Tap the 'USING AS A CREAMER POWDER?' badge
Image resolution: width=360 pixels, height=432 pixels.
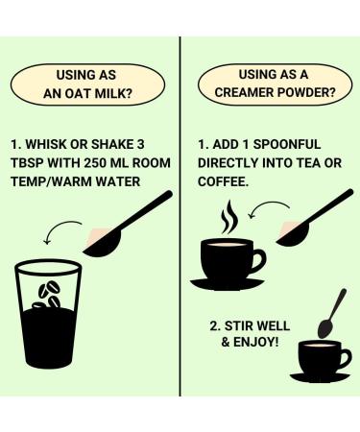point(271,85)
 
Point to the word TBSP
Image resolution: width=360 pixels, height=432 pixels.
point(36,163)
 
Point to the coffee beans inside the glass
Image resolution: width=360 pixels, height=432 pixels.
point(47,294)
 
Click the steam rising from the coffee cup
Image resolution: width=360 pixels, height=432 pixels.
point(228,218)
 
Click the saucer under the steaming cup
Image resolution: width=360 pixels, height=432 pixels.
point(228,282)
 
